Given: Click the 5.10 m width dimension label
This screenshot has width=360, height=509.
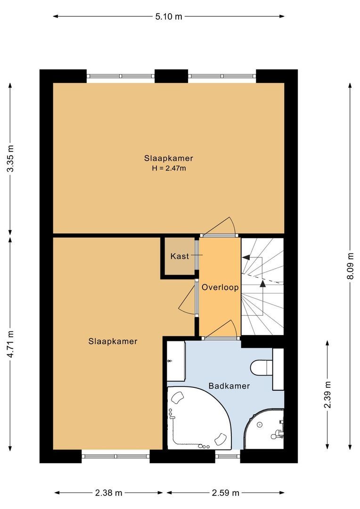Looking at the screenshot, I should pyautogui.click(x=168, y=16).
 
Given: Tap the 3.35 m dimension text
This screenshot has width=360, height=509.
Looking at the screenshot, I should pyautogui.click(x=11, y=158).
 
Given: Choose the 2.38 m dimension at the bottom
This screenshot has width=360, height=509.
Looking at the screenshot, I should pyautogui.click(x=108, y=493).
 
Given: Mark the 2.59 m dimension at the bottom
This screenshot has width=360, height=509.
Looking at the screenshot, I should pyautogui.click(x=225, y=493).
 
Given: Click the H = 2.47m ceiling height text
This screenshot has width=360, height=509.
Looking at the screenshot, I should pyautogui.click(x=169, y=168).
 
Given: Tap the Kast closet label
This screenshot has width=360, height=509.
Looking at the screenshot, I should pyautogui.click(x=180, y=256).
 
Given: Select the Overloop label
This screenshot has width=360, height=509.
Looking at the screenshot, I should pyautogui.click(x=220, y=287).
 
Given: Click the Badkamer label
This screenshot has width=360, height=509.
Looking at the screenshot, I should pyautogui.click(x=229, y=386).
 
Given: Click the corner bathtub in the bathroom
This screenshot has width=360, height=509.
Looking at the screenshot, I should pyautogui.click(x=198, y=418).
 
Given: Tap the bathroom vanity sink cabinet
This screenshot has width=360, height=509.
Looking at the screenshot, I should pyautogui.click(x=176, y=361).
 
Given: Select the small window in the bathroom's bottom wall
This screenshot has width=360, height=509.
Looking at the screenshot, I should pyautogui.click(x=228, y=456).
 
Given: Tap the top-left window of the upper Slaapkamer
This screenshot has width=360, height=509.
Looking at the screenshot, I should pyautogui.click(x=121, y=76).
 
